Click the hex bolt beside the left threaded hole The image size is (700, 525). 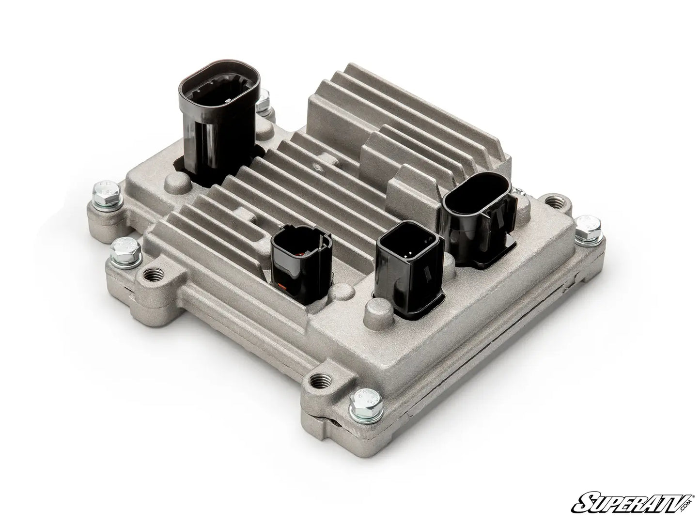pyautogui.click(x=125, y=252)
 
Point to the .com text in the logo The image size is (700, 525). pyautogui.click(x=688, y=506)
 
